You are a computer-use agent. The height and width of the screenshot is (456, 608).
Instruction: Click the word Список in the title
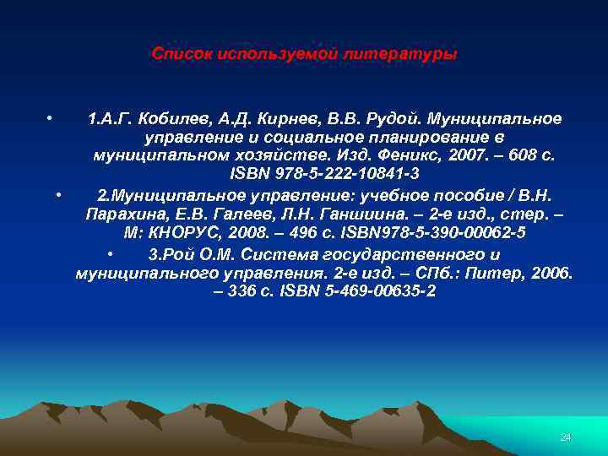[182, 54]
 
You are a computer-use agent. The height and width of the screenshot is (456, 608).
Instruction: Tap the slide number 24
[566, 437]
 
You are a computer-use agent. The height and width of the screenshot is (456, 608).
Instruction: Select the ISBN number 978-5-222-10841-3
[350, 175]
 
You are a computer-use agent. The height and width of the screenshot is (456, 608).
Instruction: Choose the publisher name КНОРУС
[187, 232]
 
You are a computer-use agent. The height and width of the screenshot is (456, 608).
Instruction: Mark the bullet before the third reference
[111, 252]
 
